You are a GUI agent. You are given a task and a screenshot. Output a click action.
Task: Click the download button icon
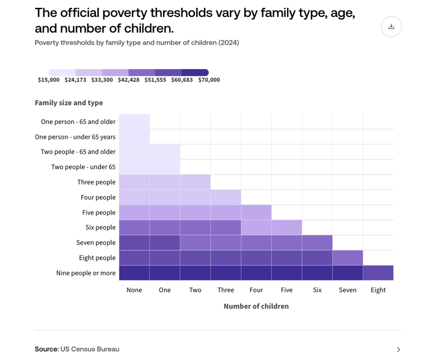(x=391, y=27)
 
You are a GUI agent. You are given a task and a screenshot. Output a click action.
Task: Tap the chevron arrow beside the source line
(x=398, y=349)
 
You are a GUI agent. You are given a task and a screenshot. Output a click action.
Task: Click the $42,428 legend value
(x=129, y=80)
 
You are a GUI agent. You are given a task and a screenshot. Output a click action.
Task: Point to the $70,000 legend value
(x=209, y=80)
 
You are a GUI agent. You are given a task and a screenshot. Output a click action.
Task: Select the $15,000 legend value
(x=49, y=80)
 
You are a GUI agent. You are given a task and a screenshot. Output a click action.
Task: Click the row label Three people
(x=96, y=182)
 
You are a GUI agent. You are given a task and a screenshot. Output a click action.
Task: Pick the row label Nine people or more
(x=86, y=273)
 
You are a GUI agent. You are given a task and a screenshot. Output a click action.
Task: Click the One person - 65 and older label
(x=78, y=122)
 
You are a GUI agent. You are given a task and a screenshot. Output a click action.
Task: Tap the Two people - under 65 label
(x=83, y=167)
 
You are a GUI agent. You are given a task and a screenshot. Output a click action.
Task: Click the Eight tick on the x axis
(x=378, y=290)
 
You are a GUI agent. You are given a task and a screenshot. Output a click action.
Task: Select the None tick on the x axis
(x=134, y=290)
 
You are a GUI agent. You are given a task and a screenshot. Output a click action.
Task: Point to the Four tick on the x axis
(x=256, y=290)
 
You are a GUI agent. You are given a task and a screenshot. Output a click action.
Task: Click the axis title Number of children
(x=256, y=306)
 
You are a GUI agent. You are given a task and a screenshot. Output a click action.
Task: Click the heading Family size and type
(x=69, y=103)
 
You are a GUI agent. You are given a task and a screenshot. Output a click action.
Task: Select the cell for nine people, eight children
(x=378, y=273)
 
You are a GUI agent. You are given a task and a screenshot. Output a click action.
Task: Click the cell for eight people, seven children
(x=348, y=257)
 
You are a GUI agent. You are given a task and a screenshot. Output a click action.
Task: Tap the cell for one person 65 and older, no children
(x=134, y=122)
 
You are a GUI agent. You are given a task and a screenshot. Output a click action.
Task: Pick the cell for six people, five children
(x=287, y=227)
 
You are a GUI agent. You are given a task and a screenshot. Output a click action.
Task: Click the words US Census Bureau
(x=90, y=349)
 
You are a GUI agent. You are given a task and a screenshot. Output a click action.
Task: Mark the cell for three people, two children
(x=195, y=182)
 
